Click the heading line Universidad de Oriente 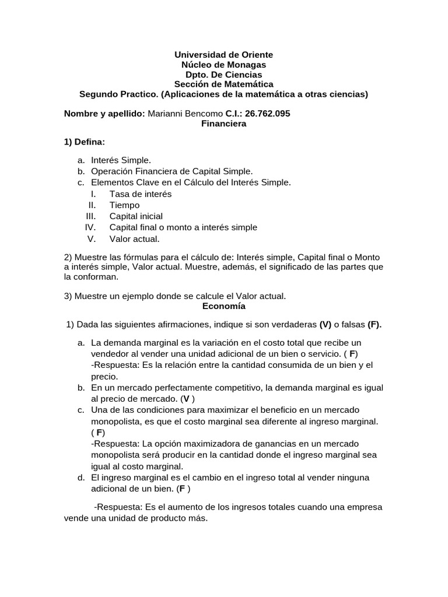point(223,54)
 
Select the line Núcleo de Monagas point(223,64)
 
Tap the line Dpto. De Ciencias point(223,74)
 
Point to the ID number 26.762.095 point(267,113)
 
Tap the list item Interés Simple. point(121,160)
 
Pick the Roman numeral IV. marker point(90,227)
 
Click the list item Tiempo point(124,205)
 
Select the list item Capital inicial point(136,216)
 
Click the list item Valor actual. point(134,238)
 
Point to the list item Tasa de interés point(140,194)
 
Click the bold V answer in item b point(185,399)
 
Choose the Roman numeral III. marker point(91,216)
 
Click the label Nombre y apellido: point(104,113)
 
